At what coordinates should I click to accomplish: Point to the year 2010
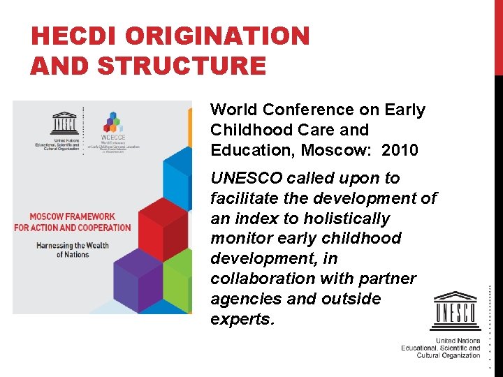[x=400, y=150]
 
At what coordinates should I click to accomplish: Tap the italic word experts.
[x=242, y=319]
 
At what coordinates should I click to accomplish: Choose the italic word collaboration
[x=260, y=279]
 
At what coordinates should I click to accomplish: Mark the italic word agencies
[x=243, y=299]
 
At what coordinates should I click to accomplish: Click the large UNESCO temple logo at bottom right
[x=455, y=311]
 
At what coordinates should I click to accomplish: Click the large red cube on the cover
[x=165, y=219]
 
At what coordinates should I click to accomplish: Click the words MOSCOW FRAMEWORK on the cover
[x=73, y=216]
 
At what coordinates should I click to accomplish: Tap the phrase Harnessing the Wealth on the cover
[x=72, y=245]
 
